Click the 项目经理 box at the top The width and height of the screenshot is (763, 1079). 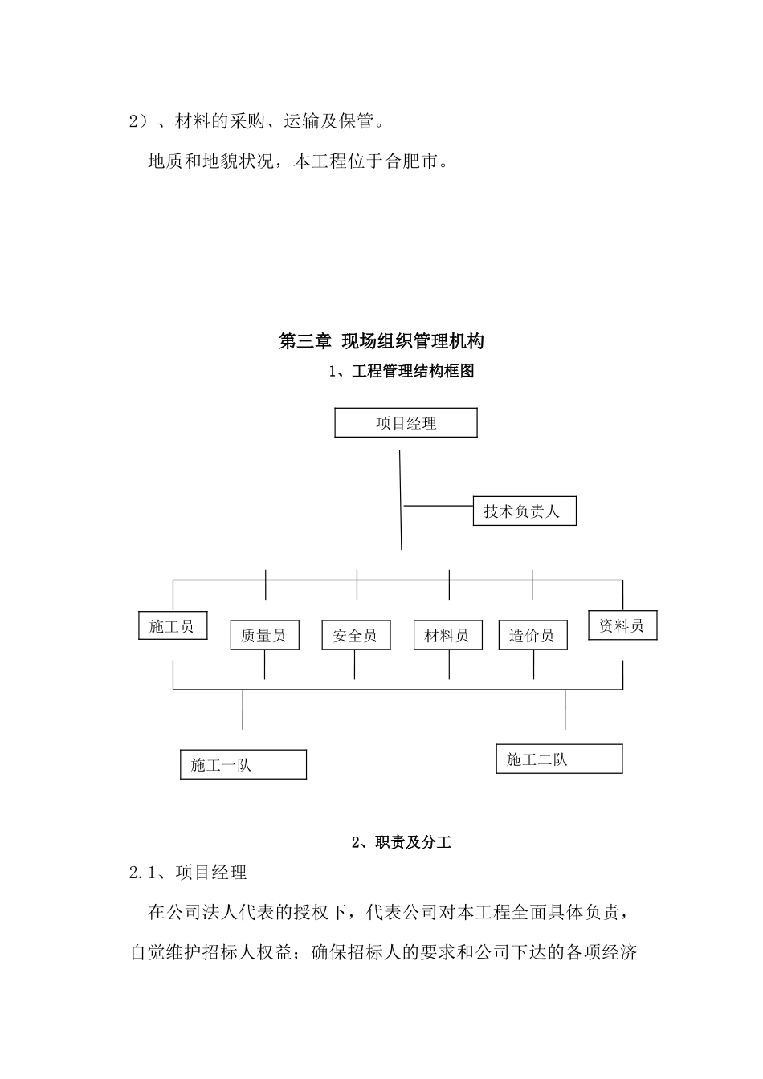406,423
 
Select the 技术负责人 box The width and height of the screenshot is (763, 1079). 524,511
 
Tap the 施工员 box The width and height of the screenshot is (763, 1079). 173,626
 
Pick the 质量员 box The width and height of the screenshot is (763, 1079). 264,635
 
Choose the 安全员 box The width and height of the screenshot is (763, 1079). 355,635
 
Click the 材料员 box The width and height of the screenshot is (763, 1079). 447,635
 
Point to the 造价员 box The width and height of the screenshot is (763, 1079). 532,635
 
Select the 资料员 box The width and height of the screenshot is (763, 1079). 622,626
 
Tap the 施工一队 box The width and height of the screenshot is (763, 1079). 243,764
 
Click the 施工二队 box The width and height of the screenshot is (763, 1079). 559,759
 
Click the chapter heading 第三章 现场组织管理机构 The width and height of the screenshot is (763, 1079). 381,341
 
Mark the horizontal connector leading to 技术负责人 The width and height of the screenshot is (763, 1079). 438,506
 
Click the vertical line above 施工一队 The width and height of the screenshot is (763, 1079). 243,710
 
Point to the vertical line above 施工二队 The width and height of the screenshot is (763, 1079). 565,710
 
